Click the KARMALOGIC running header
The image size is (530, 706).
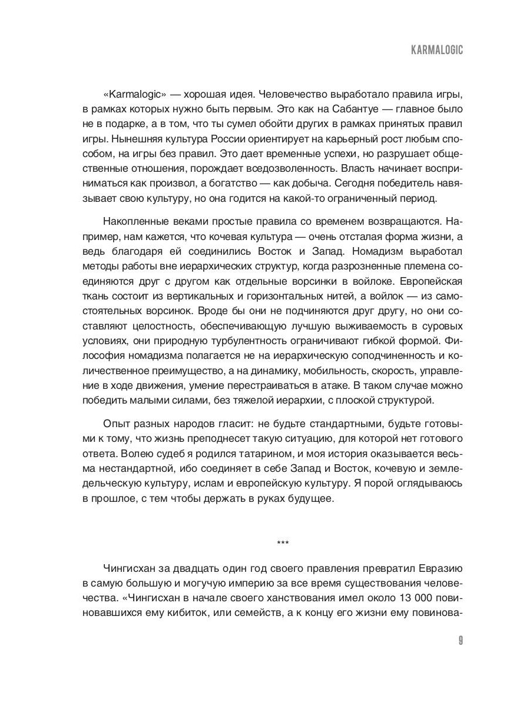click(x=436, y=51)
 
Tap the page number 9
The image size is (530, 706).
click(x=460, y=641)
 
